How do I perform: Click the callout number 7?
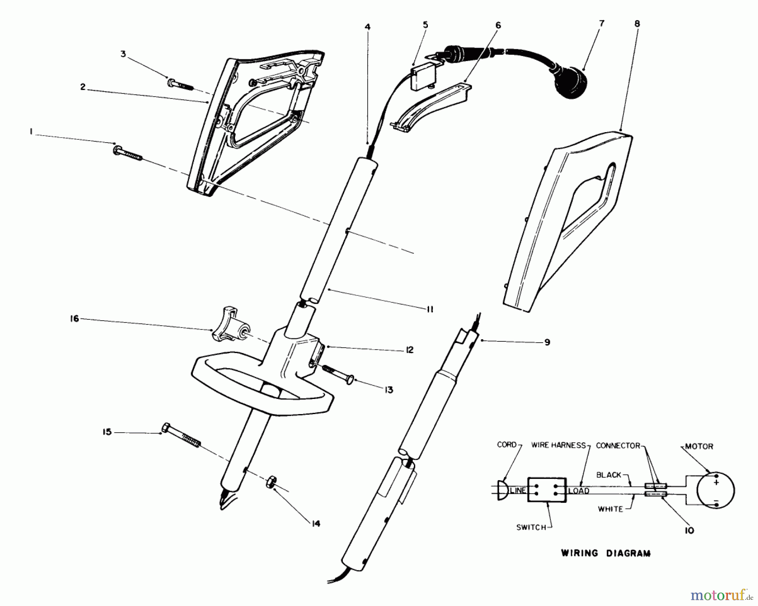601,24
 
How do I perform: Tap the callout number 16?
74,319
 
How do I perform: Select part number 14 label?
316,524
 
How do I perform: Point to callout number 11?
430,309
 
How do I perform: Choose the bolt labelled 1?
127,154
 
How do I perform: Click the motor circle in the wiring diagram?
715,490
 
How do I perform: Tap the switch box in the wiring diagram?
547,489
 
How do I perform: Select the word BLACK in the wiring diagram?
609,475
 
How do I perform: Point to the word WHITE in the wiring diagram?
610,509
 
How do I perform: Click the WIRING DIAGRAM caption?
606,553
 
